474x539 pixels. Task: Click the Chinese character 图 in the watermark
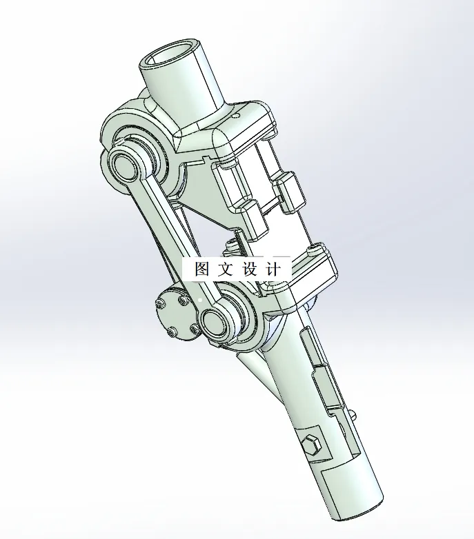[202, 269]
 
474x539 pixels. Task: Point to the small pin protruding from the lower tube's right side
[353, 415]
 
